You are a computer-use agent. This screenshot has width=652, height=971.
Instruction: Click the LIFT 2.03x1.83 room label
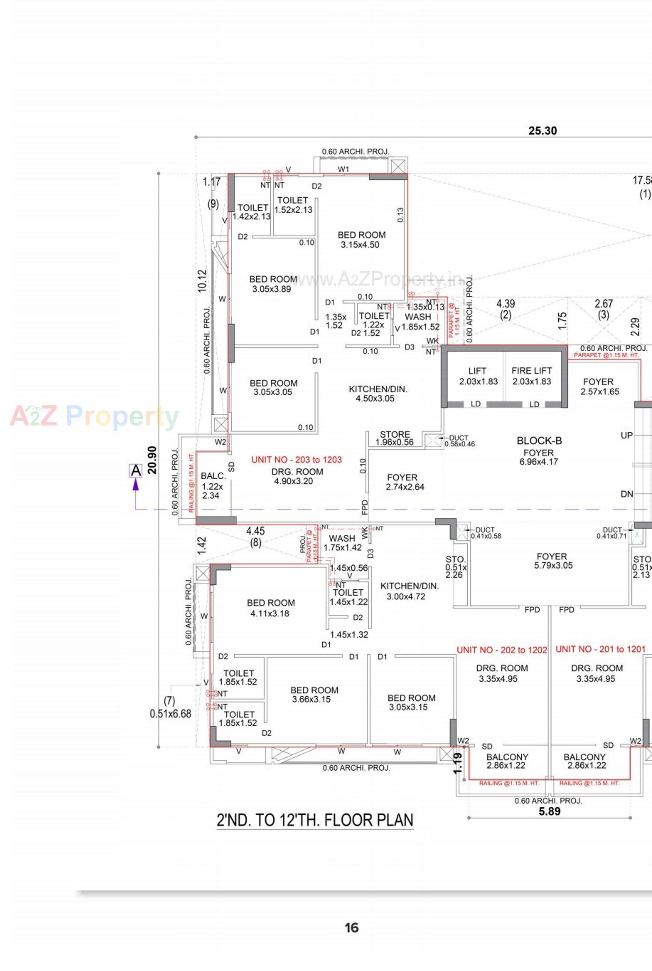(478, 376)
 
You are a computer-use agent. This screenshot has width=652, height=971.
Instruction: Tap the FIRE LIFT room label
(531, 376)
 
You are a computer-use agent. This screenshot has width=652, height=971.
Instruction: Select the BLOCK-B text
(539, 440)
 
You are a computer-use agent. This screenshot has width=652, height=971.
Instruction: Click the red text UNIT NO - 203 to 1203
(296, 459)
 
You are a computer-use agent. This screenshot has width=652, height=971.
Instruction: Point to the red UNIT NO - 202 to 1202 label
(502, 650)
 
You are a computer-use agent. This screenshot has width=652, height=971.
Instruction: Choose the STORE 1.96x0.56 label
(395, 438)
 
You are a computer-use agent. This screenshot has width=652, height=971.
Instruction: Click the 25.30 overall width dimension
(542, 131)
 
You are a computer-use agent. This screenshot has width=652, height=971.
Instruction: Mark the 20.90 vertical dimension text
(152, 460)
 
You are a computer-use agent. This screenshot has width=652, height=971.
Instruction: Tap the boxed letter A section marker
(135, 471)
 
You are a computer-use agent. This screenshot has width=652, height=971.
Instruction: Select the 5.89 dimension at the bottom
(549, 811)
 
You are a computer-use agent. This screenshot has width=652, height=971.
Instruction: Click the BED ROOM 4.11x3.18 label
(270, 608)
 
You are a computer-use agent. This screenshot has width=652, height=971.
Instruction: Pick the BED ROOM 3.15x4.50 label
(361, 240)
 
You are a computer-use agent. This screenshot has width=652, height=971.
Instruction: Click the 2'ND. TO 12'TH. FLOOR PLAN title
(315, 820)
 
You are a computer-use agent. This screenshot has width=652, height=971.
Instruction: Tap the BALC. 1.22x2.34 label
(213, 485)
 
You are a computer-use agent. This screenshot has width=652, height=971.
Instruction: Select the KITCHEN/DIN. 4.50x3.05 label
(378, 394)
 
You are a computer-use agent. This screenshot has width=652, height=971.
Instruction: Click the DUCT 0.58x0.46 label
(459, 441)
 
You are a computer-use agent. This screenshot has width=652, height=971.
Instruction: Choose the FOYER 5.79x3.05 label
(553, 561)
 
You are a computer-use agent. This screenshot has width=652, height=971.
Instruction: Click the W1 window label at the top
(343, 169)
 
